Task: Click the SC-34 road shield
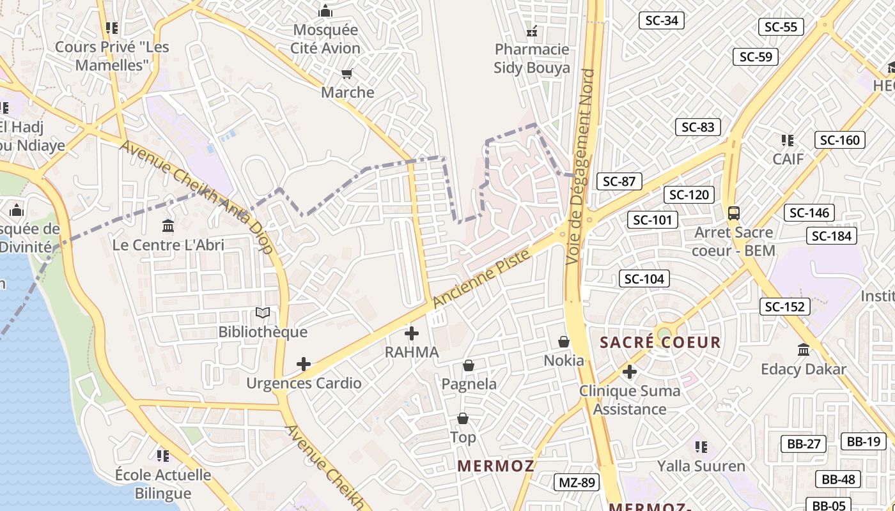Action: pyautogui.click(x=662, y=20)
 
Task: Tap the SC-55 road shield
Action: pyautogui.click(x=781, y=27)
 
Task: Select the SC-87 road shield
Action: pyautogui.click(x=619, y=181)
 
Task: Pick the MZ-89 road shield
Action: pyautogui.click(x=577, y=482)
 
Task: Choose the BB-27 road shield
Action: pyautogui.click(x=803, y=444)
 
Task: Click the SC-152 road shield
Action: pyautogui.click(x=785, y=307)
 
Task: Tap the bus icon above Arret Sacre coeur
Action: pyautogui.click(x=733, y=213)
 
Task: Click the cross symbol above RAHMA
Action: pyautogui.click(x=412, y=333)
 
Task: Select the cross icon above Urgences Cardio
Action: pyautogui.click(x=304, y=364)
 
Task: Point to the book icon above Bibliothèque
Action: pyautogui.click(x=263, y=312)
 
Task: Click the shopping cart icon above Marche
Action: pyautogui.click(x=347, y=74)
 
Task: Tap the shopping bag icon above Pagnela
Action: pyautogui.click(x=469, y=365)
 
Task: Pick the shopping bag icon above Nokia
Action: pyautogui.click(x=564, y=342)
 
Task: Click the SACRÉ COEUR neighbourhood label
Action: pyautogui.click(x=660, y=342)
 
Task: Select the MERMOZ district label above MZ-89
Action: pyautogui.click(x=496, y=466)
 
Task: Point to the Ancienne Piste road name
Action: pyautogui.click(x=481, y=278)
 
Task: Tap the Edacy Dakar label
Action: pyautogui.click(x=804, y=369)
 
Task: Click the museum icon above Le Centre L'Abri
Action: pyautogui.click(x=168, y=225)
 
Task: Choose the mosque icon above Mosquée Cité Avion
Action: pyautogui.click(x=325, y=11)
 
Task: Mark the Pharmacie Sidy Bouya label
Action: pyautogui.click(x=532, y=58)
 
